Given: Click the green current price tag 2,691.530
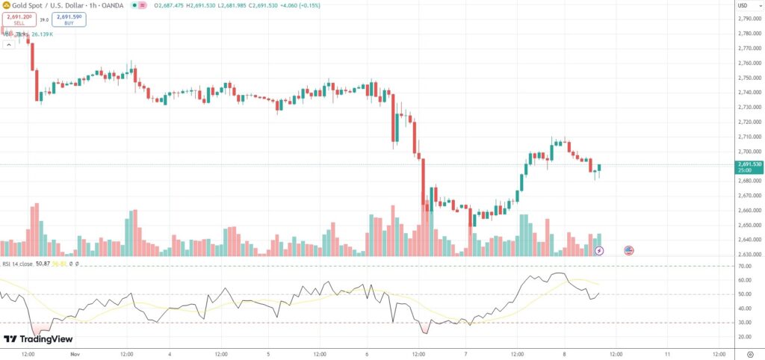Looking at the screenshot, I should [x=749, y=166].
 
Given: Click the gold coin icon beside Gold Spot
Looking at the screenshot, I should [x=7, y=6].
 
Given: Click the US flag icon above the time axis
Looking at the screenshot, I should [x=628, y=250].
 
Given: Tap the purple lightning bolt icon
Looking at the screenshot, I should [x=599, y=250].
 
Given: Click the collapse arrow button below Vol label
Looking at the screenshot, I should [x=8, y=44].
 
